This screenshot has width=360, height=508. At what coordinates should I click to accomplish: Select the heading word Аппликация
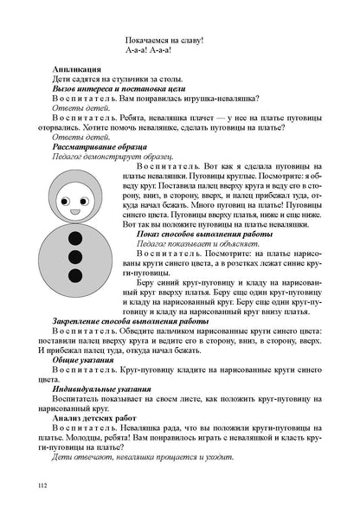pos(77,68)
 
